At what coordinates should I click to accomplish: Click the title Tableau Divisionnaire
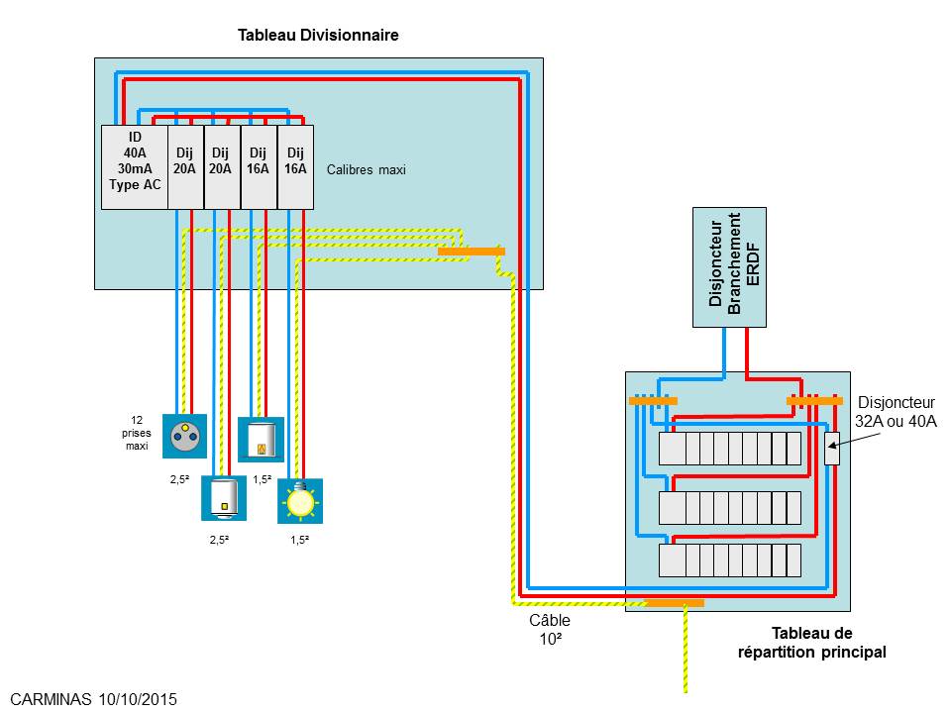318,35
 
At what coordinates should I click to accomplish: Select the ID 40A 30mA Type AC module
135,166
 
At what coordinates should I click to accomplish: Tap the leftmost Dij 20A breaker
185,166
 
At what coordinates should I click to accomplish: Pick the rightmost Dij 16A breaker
295,166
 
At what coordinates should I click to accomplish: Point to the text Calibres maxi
367,169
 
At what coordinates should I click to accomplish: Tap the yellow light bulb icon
299,501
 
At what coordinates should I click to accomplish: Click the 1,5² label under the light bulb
298,540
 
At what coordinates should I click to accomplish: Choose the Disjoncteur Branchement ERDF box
729,267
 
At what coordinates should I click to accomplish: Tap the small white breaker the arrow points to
832,449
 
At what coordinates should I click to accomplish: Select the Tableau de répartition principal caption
811,643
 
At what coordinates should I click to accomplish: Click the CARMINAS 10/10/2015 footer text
95,698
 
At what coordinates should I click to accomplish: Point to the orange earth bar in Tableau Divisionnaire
471,252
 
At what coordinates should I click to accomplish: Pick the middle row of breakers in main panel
730,508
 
